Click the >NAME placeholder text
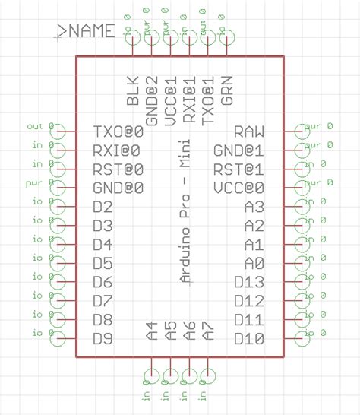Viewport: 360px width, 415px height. pyautogui.click(x=86, y=31)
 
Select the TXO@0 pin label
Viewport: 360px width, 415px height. pyautogui.click(x=118, y=131)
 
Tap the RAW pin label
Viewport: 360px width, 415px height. pyautogui.click(x=249, y=131)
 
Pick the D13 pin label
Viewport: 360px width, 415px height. pyautogui.click(x=249, y=282)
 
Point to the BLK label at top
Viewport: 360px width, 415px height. pyautogui.click(x=133, y=90)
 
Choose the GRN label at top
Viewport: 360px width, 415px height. pyautogui.click(x=227, y=90)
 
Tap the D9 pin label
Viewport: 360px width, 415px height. pyautogui.click(x=103, y=339)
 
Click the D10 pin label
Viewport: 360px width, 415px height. pyautogui.click(x=249, y=339)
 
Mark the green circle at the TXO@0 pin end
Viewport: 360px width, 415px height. pyautogui.click(x=57, y=131)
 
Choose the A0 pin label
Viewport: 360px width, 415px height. pyautogui.click(x=254, y=264)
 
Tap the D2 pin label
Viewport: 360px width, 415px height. pyautogui.click(x=103, y=207)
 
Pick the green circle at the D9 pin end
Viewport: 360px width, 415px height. pyautogui.click(x=57, y=339)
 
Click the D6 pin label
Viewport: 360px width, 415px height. pyautogui.click(x=103, y=282)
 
